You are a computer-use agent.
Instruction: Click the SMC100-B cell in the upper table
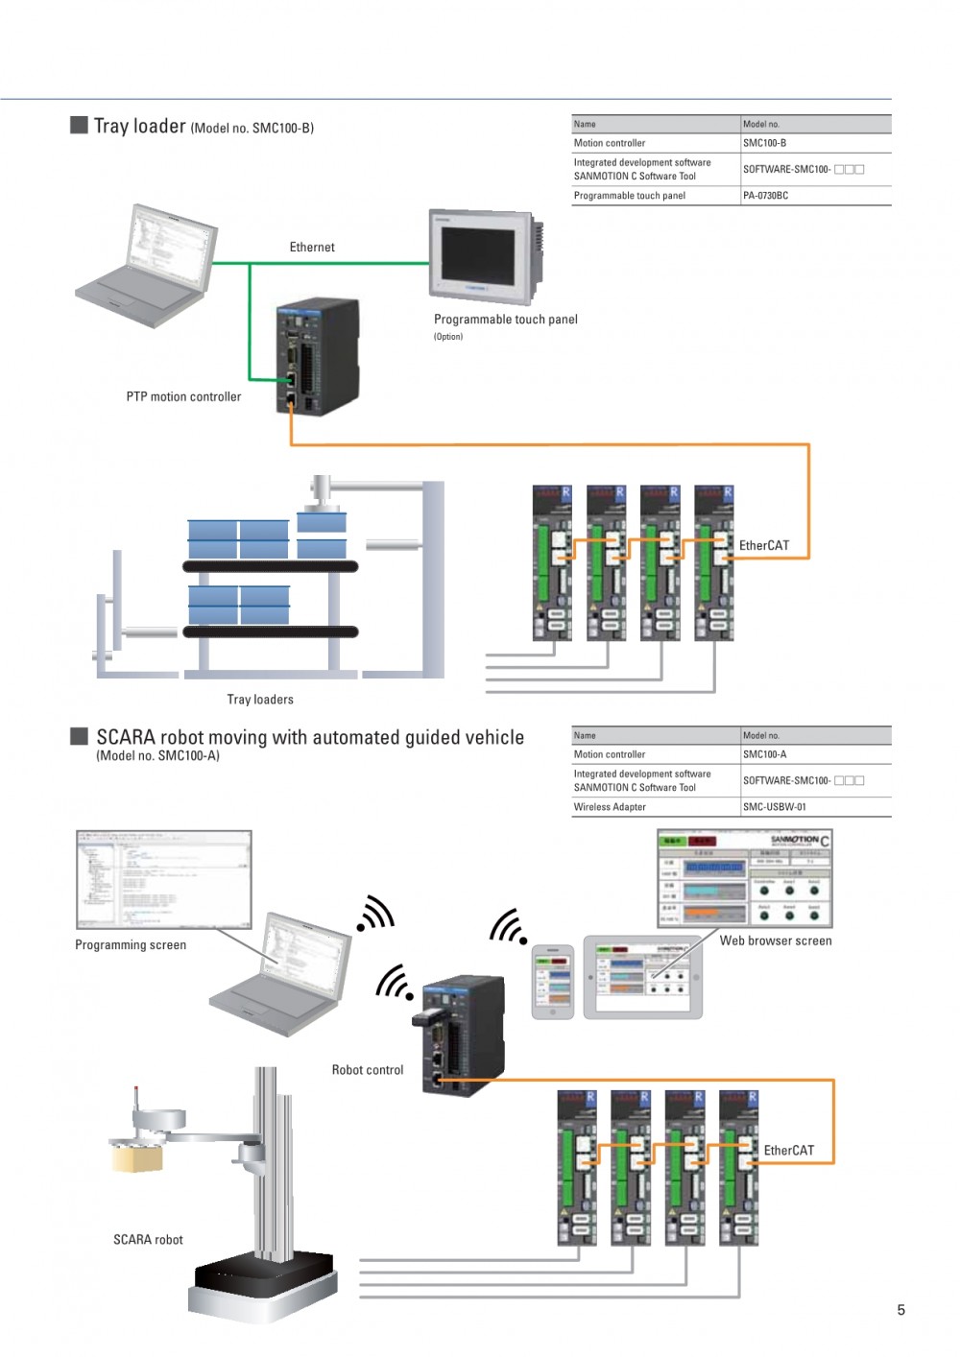[765, 143]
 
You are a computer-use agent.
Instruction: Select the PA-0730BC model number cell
[766, 196]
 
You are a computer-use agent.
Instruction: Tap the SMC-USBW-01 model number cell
[775, 807]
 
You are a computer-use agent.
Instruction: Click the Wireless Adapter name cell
[610, 807]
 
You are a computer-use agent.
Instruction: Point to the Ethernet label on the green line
[312, 248]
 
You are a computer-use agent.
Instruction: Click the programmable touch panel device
[483, 256]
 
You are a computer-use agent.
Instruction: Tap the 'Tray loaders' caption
[260, 700]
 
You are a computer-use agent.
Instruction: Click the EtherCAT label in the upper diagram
[764, 545]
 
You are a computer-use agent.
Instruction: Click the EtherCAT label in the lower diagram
[789, 1150]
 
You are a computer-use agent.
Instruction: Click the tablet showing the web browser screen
[643, 977]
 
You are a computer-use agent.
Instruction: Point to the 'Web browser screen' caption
[776, 940]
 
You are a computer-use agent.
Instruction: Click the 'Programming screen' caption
[131, 945]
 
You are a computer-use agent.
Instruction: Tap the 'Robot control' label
[368, 1070]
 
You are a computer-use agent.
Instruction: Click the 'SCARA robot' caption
[148, 1240]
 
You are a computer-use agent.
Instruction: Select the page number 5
[900, 1310]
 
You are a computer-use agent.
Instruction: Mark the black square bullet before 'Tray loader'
[79, 126]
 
